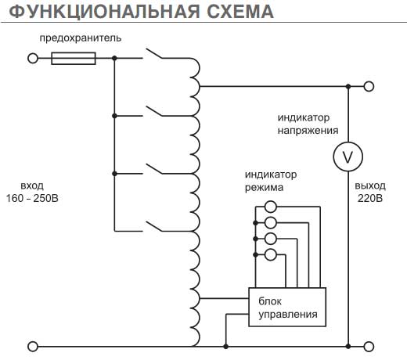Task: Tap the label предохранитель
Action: (81, 38)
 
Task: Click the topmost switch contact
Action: (154, 53)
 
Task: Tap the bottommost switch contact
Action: (154, 226)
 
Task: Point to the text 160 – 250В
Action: (32, 199)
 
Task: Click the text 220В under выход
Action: (370, 199)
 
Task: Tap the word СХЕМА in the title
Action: (240, 12)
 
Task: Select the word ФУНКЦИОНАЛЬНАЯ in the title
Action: (104, 12)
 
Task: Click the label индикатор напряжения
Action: (308, 124)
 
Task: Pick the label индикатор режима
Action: (271, 181)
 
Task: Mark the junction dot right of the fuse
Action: (114, 58)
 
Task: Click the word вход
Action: (32, 186)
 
